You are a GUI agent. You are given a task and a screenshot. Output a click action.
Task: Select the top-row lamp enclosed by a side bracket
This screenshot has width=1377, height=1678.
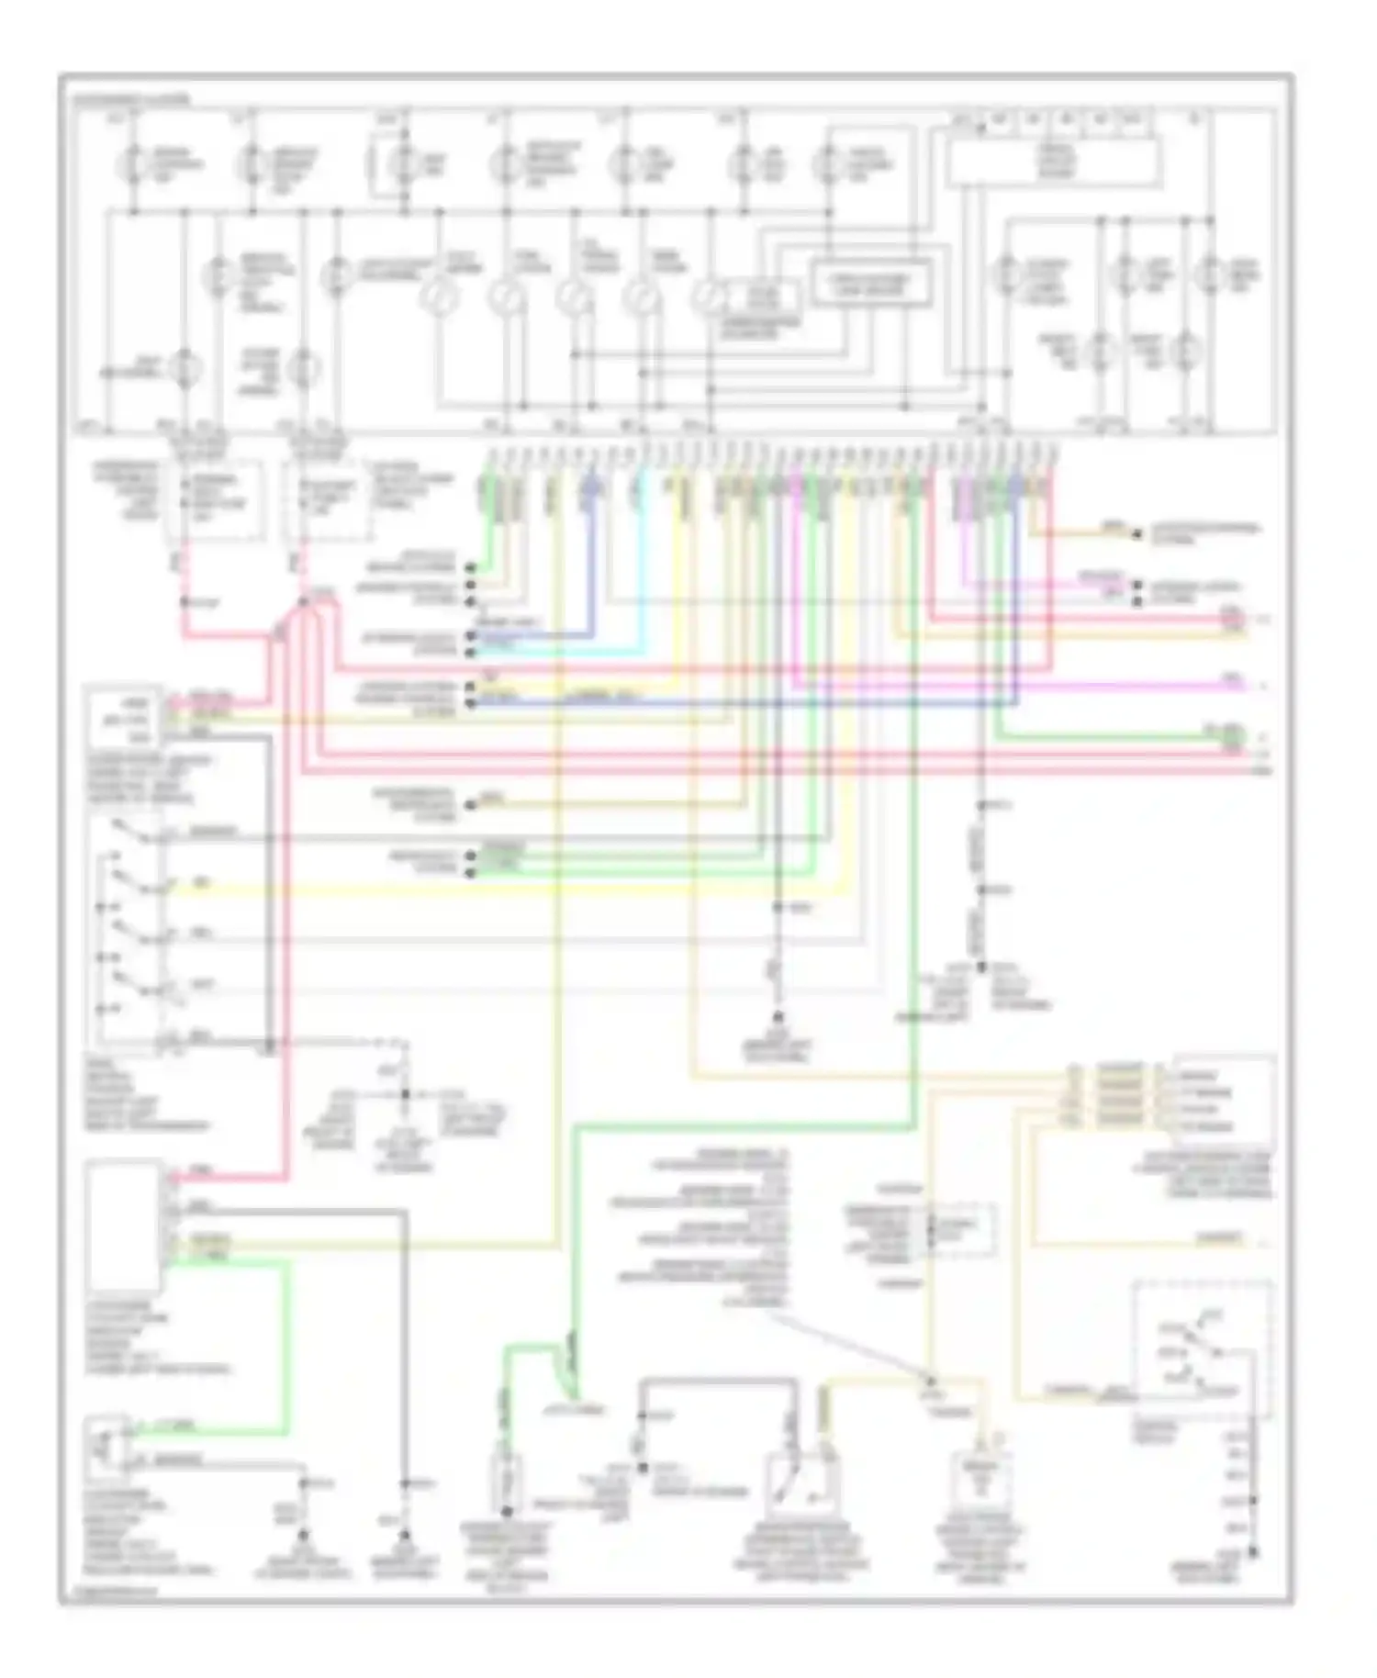[402, 166]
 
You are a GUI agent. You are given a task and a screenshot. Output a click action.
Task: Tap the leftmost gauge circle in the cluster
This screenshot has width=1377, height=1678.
[439, 296]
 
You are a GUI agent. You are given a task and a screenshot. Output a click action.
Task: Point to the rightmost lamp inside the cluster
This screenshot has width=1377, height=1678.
[1211, 274]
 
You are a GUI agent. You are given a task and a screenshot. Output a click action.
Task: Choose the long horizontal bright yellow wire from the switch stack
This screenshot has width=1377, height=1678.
[514, 889]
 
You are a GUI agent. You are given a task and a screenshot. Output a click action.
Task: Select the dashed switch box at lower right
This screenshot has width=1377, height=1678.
[1202, 1348]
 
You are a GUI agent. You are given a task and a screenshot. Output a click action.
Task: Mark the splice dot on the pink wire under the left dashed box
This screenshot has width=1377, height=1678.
[184, 602]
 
